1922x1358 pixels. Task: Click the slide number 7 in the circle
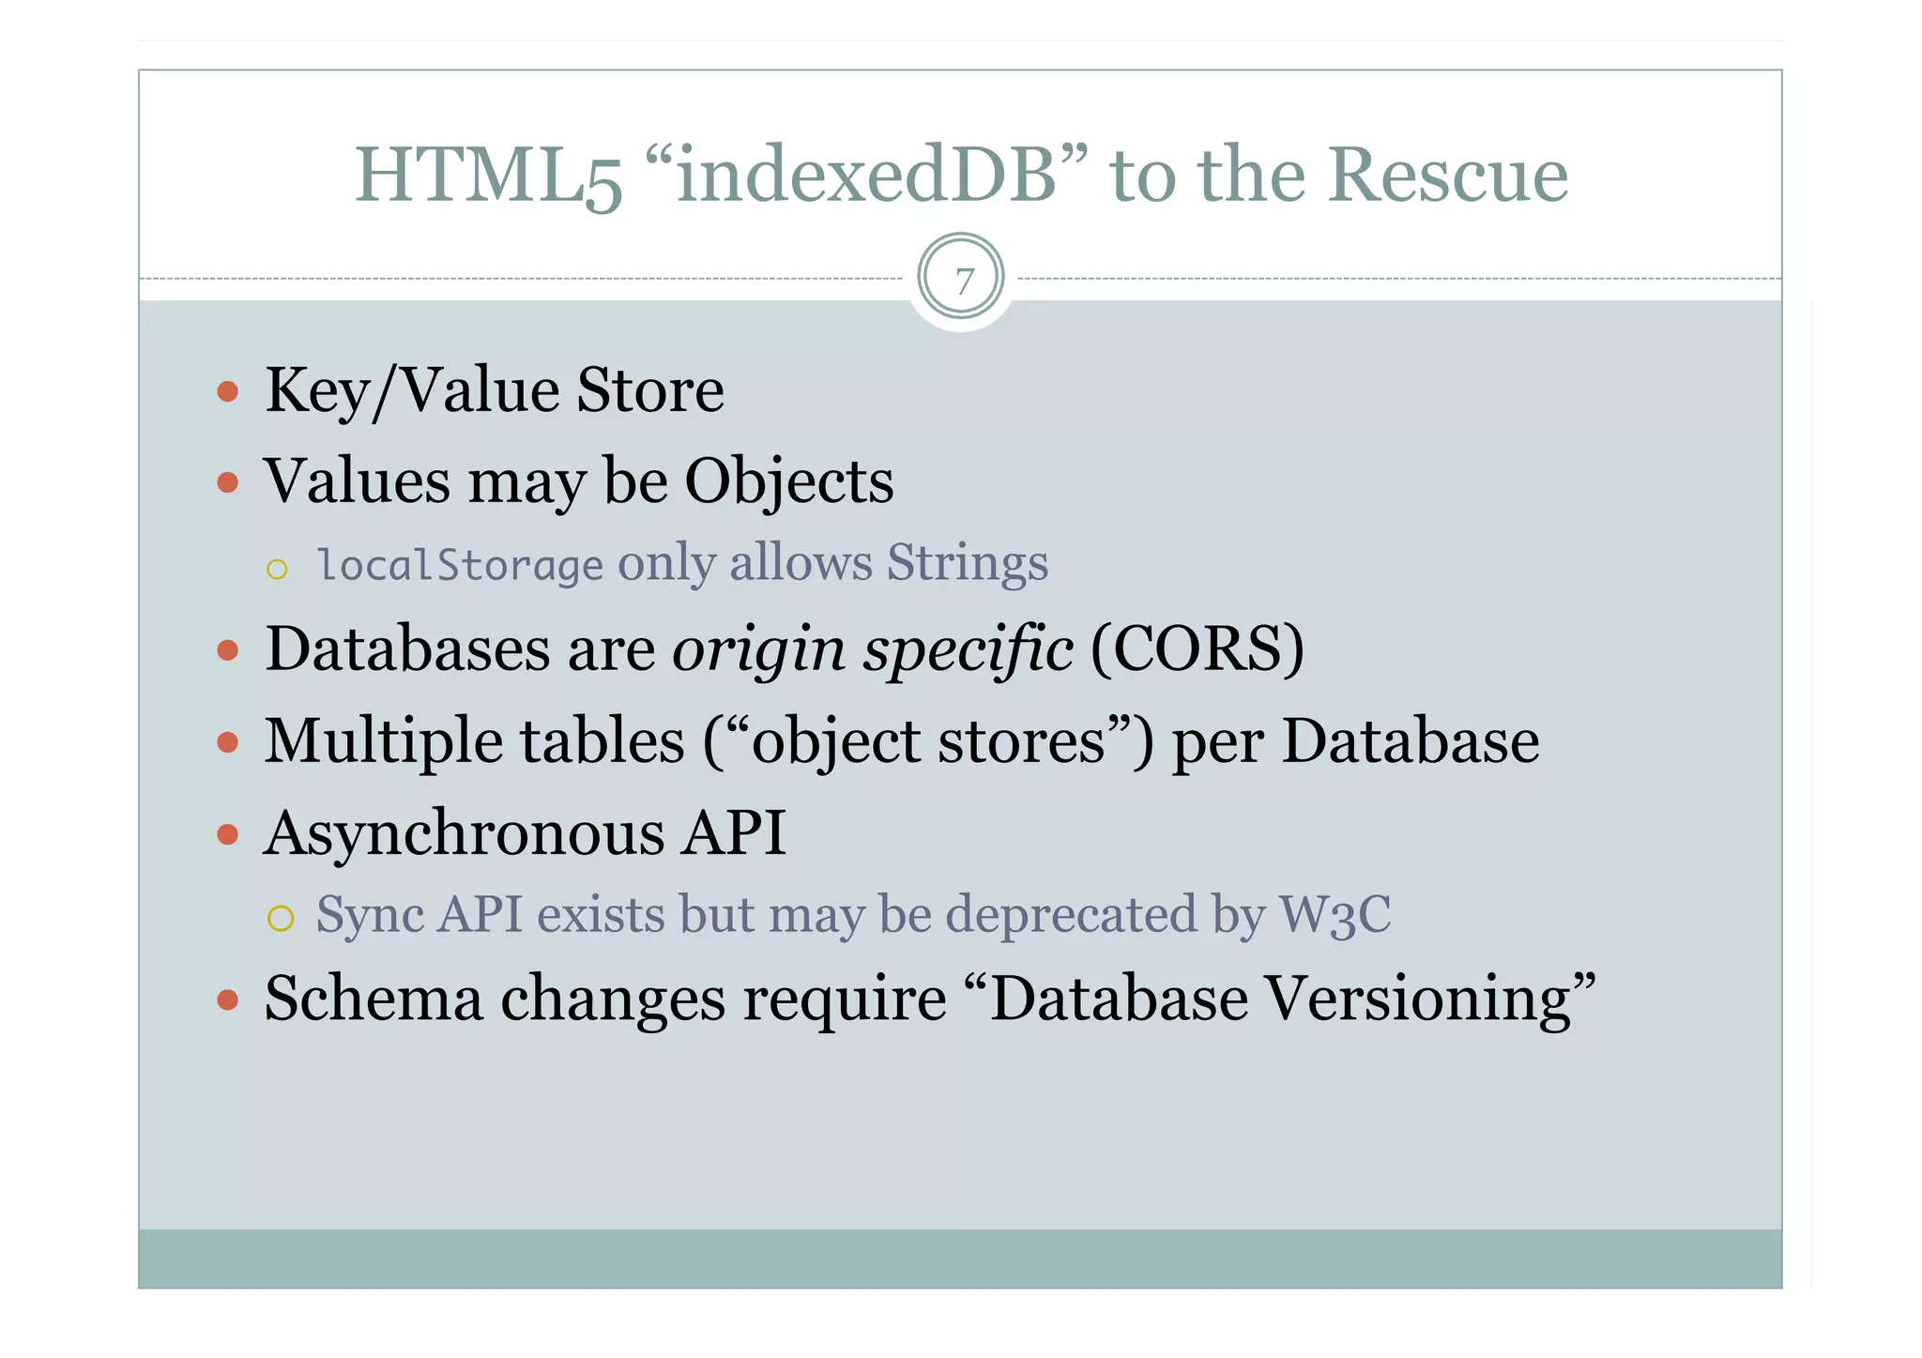963,280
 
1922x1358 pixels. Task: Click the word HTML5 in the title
488,175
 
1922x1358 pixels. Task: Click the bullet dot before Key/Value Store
227,390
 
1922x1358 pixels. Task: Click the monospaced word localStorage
460,565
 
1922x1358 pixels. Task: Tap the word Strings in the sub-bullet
967,563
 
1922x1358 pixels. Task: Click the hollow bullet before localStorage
277,569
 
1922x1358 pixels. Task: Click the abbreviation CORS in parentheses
1197,648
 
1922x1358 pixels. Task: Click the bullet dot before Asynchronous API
227,833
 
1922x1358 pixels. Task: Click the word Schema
373,998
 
